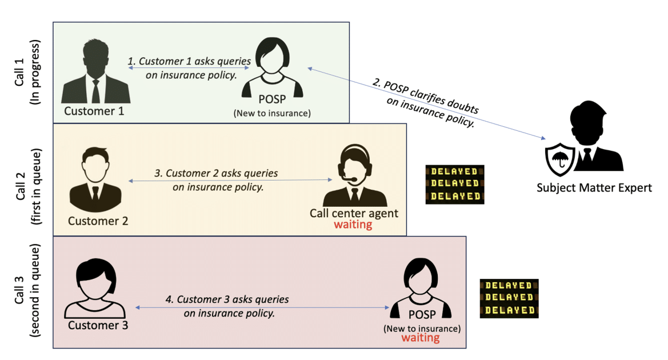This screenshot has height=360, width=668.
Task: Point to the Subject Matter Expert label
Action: [594, 188]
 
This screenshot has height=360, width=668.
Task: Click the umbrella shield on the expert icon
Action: [560, 158]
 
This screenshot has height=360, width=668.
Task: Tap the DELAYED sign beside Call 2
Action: [455, 184]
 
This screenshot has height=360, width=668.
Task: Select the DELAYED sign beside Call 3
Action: [509, 298]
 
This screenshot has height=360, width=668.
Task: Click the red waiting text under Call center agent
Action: [353, 225]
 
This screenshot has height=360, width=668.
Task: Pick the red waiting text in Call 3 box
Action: [420, 338]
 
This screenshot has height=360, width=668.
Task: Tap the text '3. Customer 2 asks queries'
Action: [216, 173]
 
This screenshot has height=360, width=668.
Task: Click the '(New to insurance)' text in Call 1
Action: [271, 113]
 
